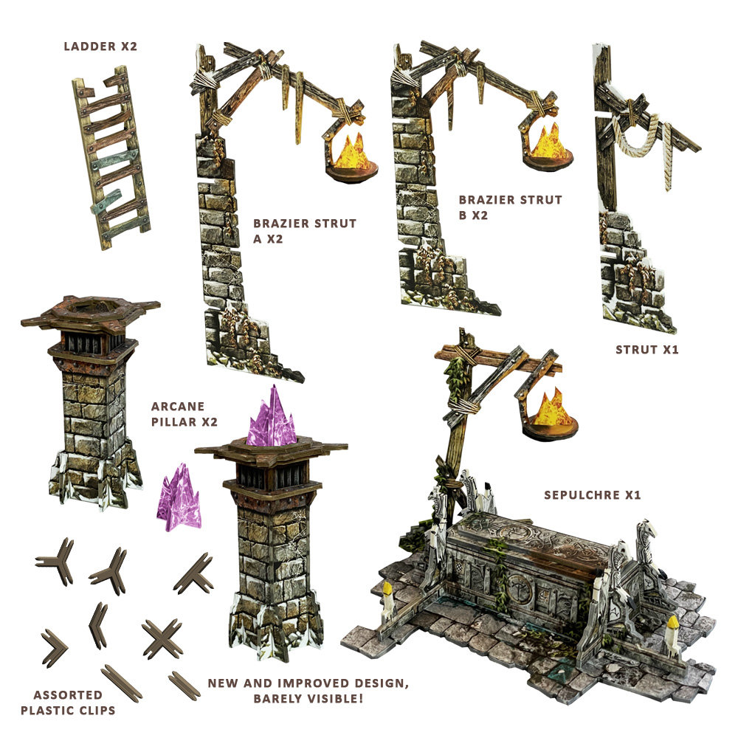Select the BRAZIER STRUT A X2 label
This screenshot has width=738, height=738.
coord(304,230)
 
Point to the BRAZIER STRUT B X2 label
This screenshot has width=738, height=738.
coord(510,207)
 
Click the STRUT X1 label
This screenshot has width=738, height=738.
coord(646,349)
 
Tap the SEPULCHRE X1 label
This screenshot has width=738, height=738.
coord(593,494)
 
